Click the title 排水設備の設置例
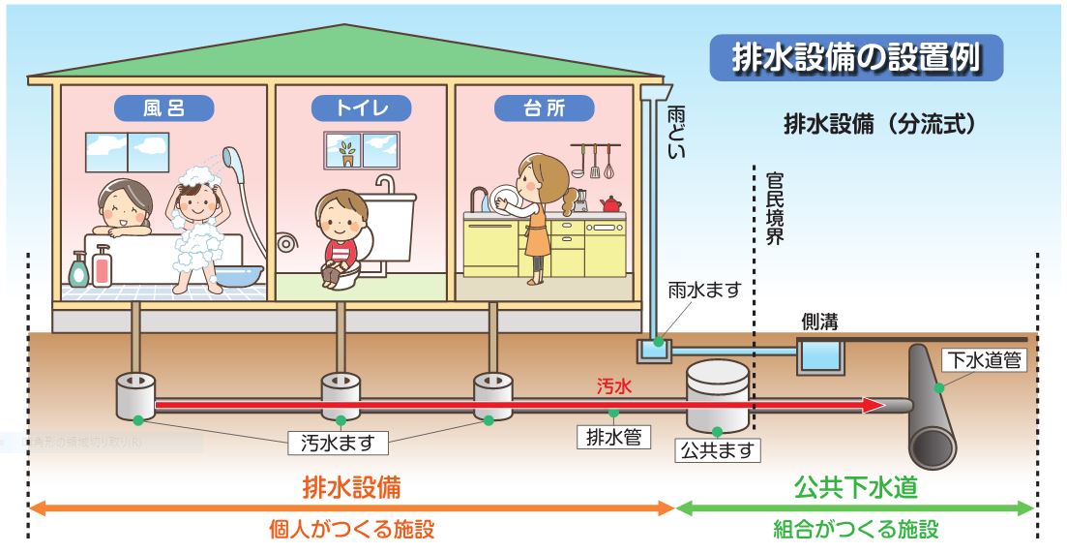click(x=855, y=57)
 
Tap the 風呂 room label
click(x=163, y=107)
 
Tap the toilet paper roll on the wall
click(x=287, y=243)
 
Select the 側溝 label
click(x=817, y=321)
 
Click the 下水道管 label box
click(x=982, y=360)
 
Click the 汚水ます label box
click(x=338, y=444)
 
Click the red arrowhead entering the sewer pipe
click(x=874, y=405)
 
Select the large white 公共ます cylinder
click(x=717, y=397)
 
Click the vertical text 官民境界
click(x=773, y=208)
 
